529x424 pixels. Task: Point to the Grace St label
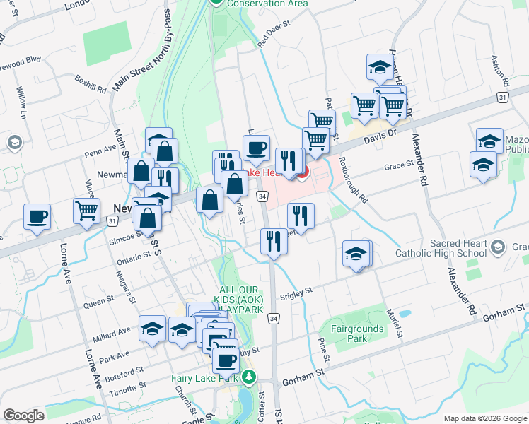click(x=398, y=165)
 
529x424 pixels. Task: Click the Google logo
click(x=23, y=416)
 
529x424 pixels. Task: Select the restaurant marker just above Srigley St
click(x=273, y=242)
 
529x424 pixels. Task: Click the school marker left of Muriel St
click(x=356, y=254)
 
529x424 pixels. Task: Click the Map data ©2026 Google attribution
click(x=484, y=418)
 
